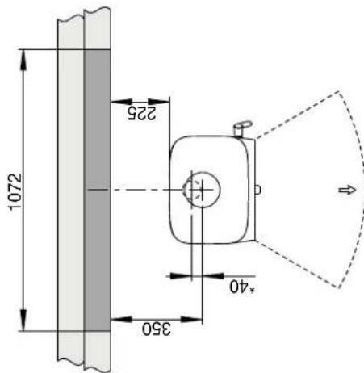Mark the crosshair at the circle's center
(x=205, y=191)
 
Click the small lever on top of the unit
(x=242, y=128)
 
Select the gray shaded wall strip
(x=97, y=190)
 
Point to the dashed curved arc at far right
(x=356, y=191)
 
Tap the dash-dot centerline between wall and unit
(x=137, y=191)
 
